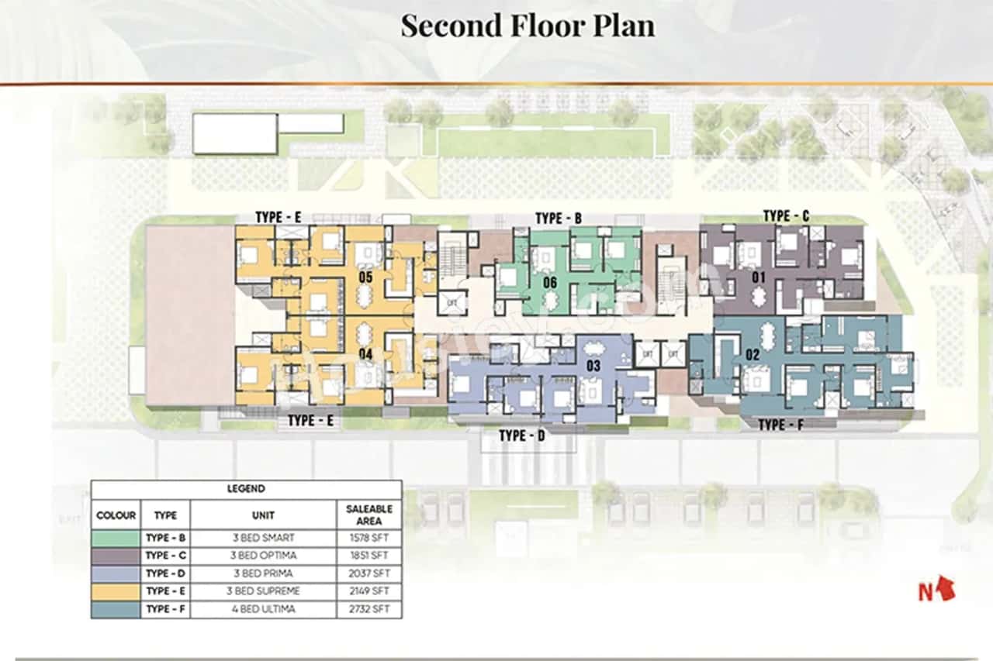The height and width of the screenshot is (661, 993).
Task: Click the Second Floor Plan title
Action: pos(528,26)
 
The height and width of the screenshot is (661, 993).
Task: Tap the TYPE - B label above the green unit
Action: pos(559,219)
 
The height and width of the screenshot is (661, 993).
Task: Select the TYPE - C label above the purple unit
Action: pos(786,216)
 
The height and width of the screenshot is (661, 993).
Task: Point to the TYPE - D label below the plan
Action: pos(521,436)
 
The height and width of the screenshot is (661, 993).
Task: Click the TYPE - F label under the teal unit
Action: pos(782,425)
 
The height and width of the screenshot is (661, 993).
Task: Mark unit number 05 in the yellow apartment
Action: pos(366,276)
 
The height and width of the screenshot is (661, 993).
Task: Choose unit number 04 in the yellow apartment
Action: pos(366,354)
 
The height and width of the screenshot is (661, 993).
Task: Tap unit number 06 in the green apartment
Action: pos(550,282)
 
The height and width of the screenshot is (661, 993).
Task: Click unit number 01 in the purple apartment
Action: pos(758,277)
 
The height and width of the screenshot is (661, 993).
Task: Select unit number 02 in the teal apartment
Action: pos(752,355)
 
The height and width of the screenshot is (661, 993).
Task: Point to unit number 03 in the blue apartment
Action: pos(593,365)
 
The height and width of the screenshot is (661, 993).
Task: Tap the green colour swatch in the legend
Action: pos(116,538)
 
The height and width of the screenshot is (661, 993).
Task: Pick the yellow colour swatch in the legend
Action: pos(116,590)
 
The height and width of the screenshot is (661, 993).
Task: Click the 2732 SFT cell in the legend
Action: pos(368,609)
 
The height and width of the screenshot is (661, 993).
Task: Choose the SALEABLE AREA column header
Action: pos(368,515)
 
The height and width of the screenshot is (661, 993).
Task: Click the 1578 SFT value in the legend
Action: pos(368,538)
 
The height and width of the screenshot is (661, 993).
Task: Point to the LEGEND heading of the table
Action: pos(246,489)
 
